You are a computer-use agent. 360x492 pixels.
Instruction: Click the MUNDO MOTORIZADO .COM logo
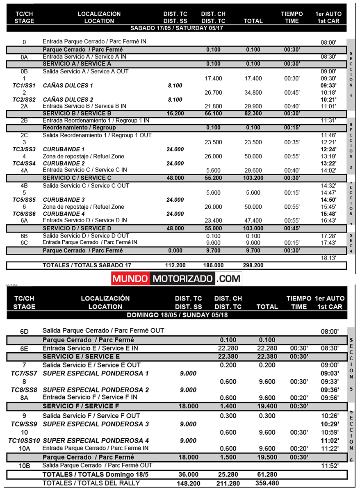[x=176, y=279]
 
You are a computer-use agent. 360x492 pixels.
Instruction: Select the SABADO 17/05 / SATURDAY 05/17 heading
[x=176, y=28]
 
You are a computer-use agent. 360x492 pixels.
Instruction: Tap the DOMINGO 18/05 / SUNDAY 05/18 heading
[x=177, y=315]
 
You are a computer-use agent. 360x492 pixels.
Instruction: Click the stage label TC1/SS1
[x=24, y=85]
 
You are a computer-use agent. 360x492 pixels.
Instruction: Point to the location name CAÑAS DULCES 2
[x=68, y=100]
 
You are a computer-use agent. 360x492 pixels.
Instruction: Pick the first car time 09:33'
[x=328, y=85]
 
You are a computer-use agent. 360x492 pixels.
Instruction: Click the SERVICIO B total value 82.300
[x=253, y=114]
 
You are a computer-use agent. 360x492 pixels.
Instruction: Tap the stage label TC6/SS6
[x=24, y=214]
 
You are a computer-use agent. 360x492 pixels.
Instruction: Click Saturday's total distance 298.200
[x=253, y=266]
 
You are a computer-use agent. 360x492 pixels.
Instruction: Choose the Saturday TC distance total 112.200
[x=175, y=266]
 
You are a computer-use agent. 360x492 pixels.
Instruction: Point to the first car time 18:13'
[x=328, y=257]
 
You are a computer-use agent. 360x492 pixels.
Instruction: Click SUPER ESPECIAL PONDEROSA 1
[x=96, y=373]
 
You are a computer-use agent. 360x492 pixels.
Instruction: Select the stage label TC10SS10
[x=24, y=440]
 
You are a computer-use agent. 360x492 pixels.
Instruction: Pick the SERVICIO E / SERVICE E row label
[x=81, y=356]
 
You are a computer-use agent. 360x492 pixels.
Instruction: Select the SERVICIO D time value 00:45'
[x=292, y=228]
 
